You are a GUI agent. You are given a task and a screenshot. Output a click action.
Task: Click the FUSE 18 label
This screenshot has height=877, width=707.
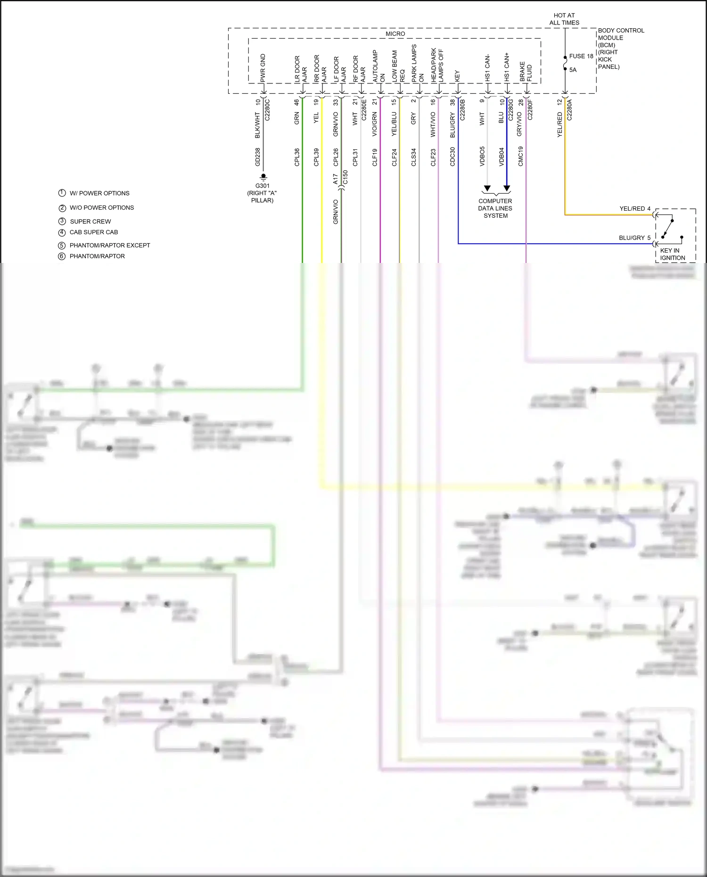(x=581, y=56)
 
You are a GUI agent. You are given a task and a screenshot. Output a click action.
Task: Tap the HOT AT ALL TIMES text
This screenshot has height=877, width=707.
(x=564, y=19)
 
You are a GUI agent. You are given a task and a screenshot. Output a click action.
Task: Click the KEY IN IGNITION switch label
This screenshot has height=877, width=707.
(x=672, y=254)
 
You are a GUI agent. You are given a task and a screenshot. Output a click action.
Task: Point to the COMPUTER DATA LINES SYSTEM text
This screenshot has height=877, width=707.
(x=495, y=208)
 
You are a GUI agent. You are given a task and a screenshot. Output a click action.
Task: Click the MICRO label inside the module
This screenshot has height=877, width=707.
(x=395, y=34)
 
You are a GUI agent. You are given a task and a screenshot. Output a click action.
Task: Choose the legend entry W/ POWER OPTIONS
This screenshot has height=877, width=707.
(x=99, y=193)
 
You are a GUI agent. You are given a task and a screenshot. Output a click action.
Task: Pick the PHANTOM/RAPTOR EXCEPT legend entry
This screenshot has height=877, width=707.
(x=109, y=246)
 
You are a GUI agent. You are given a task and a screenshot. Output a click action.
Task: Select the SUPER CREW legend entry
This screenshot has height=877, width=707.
(x=90, y=221)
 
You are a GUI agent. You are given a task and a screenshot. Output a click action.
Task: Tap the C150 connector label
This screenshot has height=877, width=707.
(x=345, y=177)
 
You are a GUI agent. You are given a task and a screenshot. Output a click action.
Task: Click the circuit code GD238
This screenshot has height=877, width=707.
(x=258, y=157)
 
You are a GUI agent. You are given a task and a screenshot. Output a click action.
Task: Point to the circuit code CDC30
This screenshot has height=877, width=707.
(x=452, y=157)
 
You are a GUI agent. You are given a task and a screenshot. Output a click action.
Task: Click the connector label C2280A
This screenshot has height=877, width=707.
(x=569, y=110)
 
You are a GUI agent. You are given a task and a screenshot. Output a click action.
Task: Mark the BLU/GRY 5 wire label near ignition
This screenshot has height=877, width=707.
(x=634, y=238)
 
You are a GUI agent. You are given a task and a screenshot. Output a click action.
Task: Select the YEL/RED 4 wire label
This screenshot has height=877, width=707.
(x=635, y=209)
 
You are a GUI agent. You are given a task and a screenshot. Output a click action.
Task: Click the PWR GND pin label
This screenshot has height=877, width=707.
(x=263, y=68)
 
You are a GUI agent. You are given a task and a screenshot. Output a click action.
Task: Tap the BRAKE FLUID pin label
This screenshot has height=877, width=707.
(x=526, y=72)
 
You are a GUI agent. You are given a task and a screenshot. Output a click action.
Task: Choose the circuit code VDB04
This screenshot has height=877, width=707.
(x=501, y=157)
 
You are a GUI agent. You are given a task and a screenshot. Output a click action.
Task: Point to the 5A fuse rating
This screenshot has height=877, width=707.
(x=573, y=70)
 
